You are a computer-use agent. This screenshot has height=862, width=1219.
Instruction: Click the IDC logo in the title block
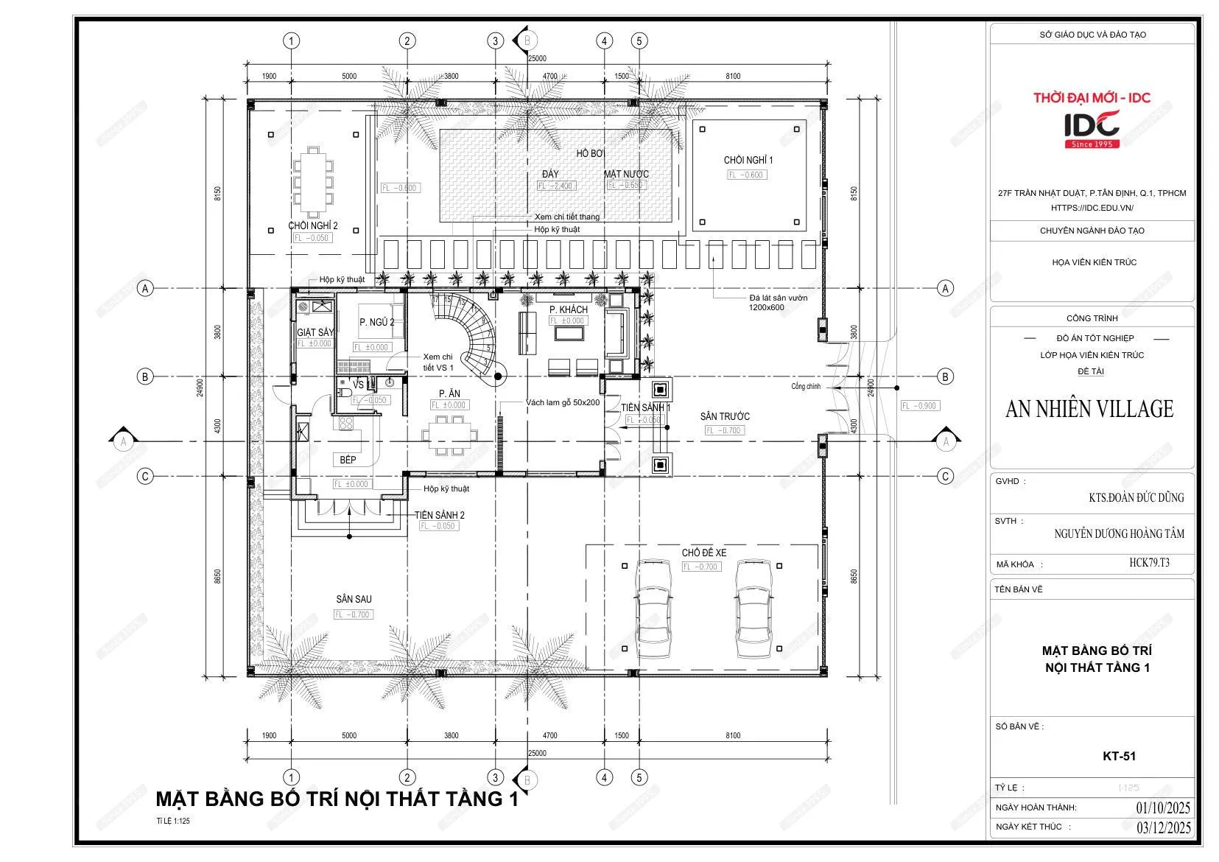click(x=1092, y=127)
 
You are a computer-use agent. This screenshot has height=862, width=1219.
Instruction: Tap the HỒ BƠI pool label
click(x=590, y=153)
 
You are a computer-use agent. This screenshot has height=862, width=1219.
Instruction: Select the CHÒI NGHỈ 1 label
click(x=748, y=160)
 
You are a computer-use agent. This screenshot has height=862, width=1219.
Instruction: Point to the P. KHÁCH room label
click(x=569, y=309)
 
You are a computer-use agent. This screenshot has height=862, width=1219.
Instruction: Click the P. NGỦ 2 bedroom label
click(x=376, y=322)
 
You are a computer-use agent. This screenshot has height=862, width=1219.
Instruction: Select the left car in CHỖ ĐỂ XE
click(x=653, y=609)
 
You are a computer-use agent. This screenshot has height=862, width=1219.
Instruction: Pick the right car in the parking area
click(x=754, y=609)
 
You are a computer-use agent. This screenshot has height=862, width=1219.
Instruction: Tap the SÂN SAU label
click(x=354, y=599)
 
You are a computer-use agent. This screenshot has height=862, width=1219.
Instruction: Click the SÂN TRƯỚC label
click(x=725, y=416)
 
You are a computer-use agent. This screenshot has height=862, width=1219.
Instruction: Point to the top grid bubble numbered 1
click(x=292, y=41)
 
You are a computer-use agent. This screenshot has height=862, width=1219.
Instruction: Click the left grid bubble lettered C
click(x=145, y=476)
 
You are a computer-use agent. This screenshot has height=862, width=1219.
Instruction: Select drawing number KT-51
click(x=1119, y=756)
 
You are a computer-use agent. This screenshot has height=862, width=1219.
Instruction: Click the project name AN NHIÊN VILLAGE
click(x=1089, y=409)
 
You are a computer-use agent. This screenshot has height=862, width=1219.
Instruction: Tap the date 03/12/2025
click(x=1163, y=827)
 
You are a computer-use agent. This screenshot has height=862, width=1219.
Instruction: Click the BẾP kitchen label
click(x=348, y=460)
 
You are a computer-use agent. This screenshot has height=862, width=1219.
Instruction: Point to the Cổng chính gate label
click(x=806, y=386)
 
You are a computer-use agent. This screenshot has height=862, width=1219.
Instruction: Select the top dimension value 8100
click(x=732, y=76)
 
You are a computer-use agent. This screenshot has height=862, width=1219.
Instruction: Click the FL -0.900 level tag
click(x=919, y=405)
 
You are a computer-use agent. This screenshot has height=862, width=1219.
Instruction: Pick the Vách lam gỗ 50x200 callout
click(x=563, y=403)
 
